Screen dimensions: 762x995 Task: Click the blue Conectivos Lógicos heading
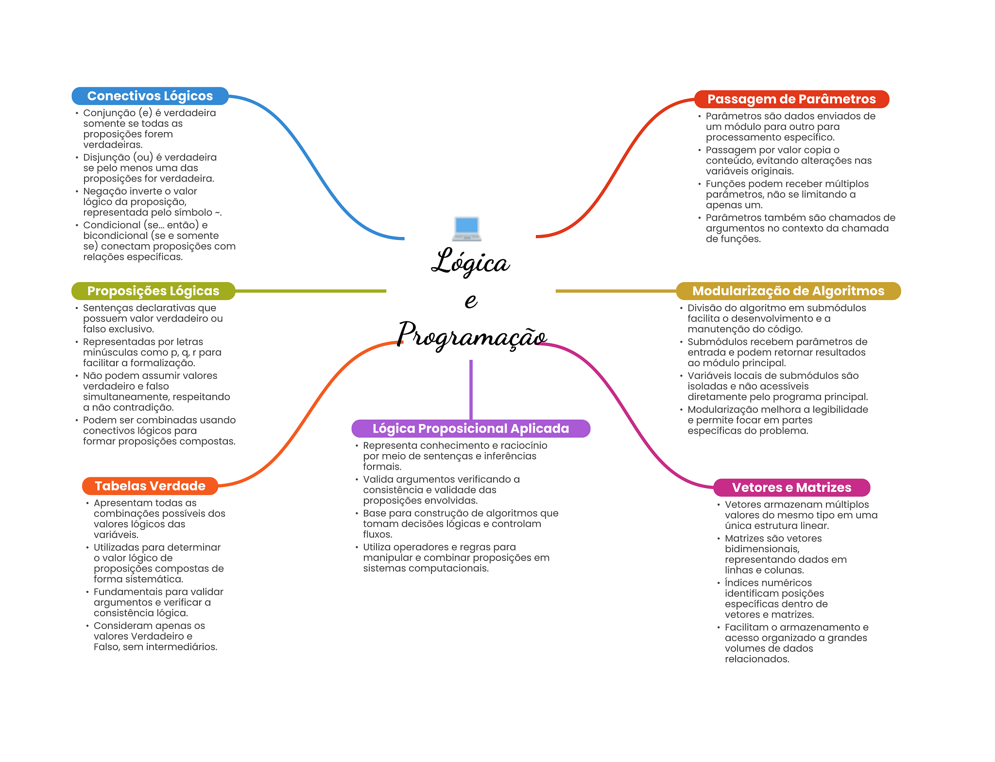(150, 96)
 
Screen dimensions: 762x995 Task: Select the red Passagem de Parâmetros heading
(791, 99)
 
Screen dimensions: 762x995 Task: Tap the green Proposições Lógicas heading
(153, 291)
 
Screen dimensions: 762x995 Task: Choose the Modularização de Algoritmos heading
(788, 291)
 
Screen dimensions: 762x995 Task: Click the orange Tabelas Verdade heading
(150, 486)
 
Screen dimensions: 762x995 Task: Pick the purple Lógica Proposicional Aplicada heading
(470, 428)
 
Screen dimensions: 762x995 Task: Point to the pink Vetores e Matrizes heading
(791, 487)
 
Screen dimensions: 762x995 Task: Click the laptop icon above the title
(466, 228)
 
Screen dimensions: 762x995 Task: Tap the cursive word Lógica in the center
(470, 262)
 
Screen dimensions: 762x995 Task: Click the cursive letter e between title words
(471, 300)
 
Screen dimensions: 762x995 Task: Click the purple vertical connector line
(471, 389)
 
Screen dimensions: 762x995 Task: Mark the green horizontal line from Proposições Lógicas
(311, 291)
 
